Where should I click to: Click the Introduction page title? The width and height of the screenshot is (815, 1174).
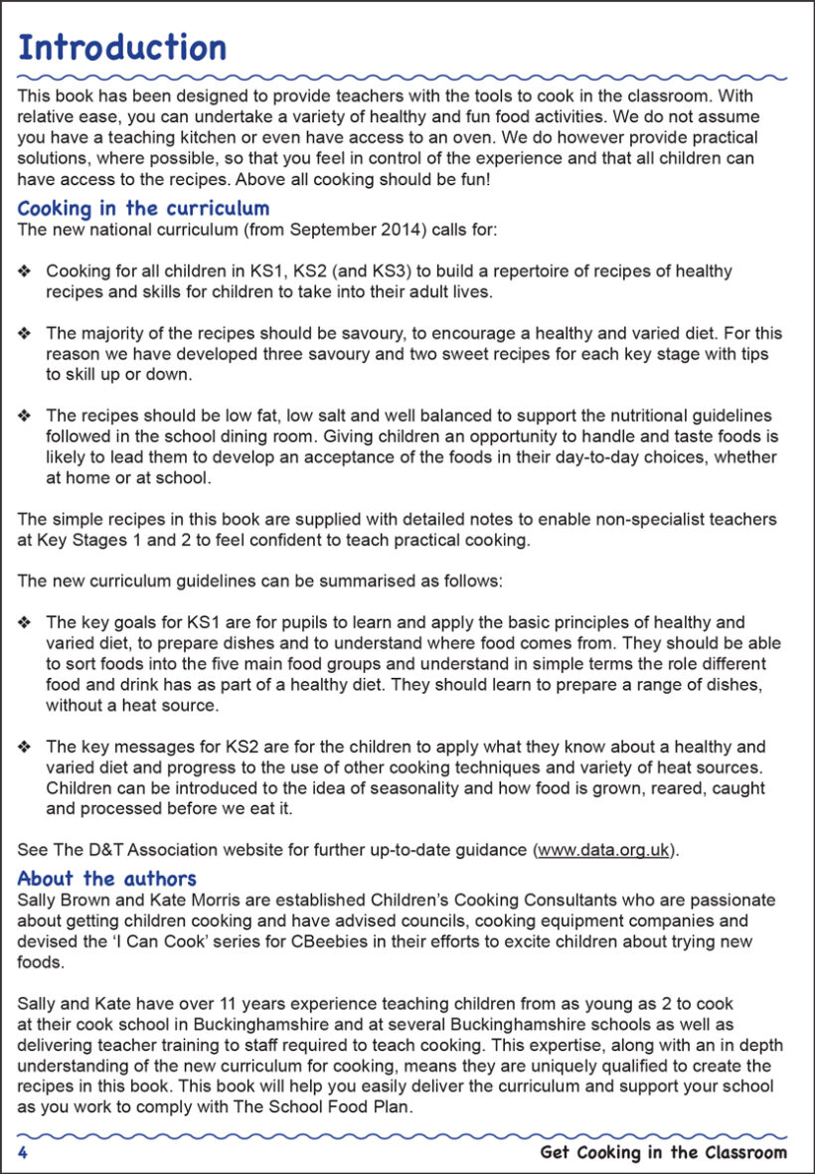(122, 48)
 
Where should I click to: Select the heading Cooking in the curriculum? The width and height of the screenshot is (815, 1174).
(143, 209)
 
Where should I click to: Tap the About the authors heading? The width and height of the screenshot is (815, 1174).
(107, 879)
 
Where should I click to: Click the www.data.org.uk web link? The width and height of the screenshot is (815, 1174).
(605, 850)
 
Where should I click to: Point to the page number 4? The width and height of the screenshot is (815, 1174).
(22, 1153)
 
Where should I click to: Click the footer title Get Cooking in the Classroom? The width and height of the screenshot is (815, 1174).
(663, 1153)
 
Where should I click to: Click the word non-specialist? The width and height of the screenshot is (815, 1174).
(629, 520)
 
